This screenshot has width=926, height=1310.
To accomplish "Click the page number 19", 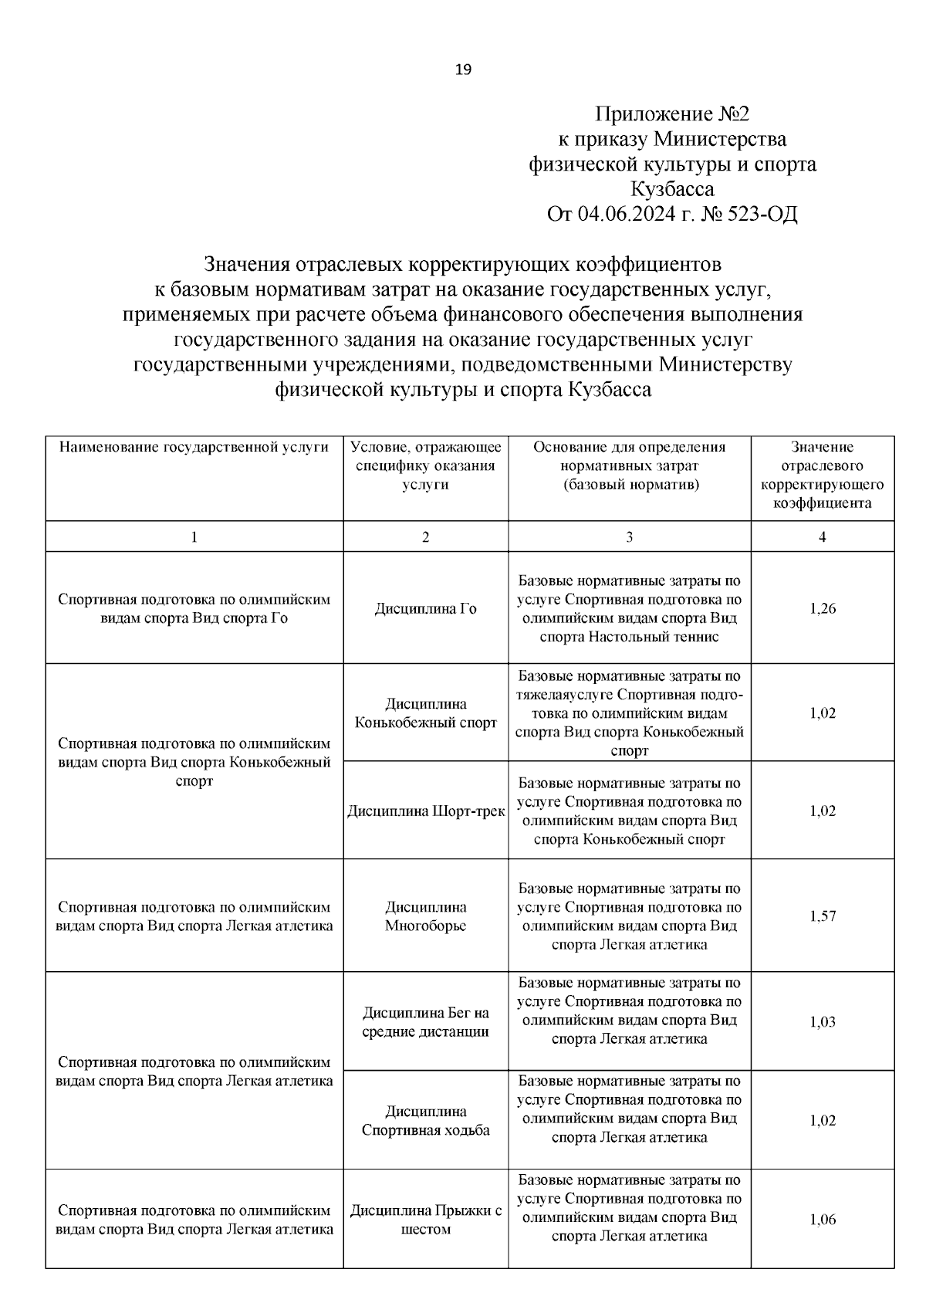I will click(463, 70).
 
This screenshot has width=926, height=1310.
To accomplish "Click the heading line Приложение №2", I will click(671, 115).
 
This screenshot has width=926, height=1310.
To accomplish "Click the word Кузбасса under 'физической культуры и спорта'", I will click(671, 189).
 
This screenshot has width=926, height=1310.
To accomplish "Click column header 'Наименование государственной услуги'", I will click(194, 447).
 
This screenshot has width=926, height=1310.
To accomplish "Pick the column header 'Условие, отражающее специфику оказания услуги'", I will click(425, 465).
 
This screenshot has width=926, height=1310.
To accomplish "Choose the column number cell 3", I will click(629, 537).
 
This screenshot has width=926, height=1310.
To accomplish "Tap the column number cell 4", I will click(822, 537).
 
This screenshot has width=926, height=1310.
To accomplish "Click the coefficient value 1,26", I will click(823, 609).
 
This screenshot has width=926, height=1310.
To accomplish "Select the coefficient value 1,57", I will click(823, 916).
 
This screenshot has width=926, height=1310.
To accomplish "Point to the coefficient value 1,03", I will click(823, 1022).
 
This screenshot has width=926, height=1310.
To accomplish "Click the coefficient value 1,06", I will click(823, 1220).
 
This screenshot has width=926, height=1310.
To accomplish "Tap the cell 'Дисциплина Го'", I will click(425, 609).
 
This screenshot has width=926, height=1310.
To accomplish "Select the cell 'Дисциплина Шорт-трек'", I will click(425, 811).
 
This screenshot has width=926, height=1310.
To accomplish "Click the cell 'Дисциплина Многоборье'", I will click(425, 916).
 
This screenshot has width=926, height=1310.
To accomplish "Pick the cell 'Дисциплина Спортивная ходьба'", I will click(425, 1121).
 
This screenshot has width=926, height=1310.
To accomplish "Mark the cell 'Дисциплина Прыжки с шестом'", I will click(425, 1220).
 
